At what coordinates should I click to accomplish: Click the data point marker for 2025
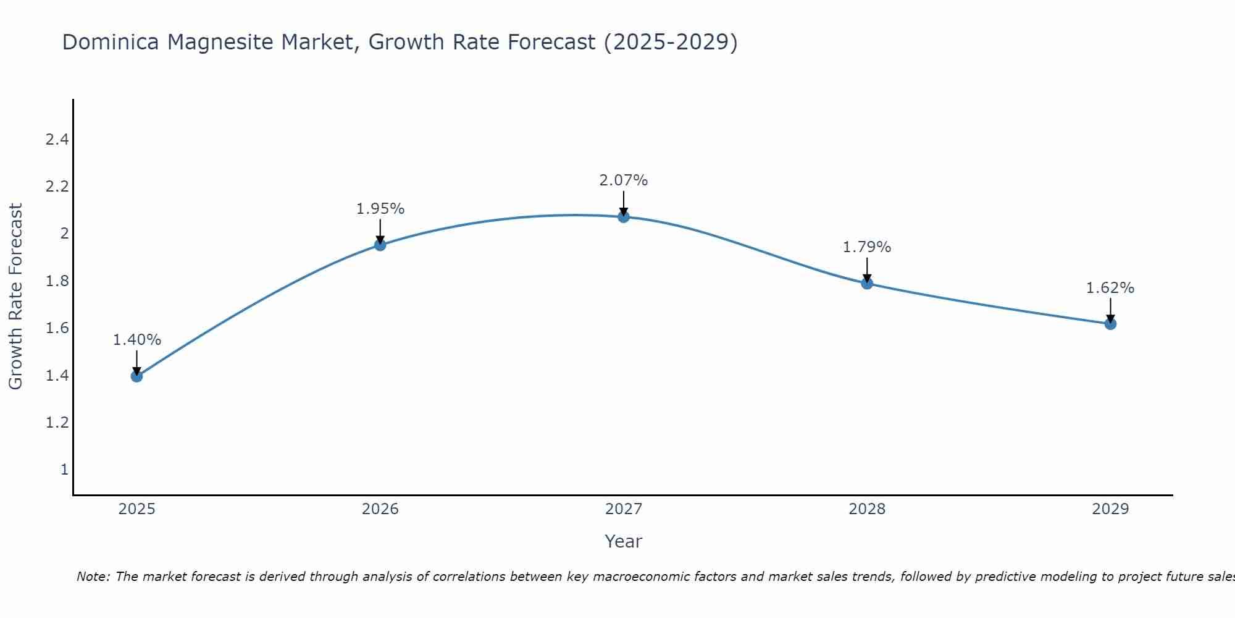pos(137,376)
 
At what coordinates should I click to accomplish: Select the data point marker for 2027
pos(624,217)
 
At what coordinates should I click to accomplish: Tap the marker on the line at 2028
pos(867,284)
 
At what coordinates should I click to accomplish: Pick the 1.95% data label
pos(380,209)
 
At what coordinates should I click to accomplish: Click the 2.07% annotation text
pos(624,180)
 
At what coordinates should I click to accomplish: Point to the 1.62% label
pos(1110,288)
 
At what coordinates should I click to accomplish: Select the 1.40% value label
pos(137,340)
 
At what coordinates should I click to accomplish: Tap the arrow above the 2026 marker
pos(380,232)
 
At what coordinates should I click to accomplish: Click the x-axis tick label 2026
pos(380,509)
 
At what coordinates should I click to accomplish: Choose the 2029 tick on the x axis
pos(1110,509)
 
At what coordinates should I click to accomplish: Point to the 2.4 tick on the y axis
pos(57,140)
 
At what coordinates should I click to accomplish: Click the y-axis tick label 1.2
pos(57,423)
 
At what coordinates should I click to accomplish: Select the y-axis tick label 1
pos(64,470)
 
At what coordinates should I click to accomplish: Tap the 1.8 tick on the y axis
pos(57,281)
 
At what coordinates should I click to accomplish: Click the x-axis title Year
pos(624,541)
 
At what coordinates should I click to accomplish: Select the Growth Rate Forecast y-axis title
pos(16,297)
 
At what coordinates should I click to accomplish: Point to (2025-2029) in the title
pos(671,43)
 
